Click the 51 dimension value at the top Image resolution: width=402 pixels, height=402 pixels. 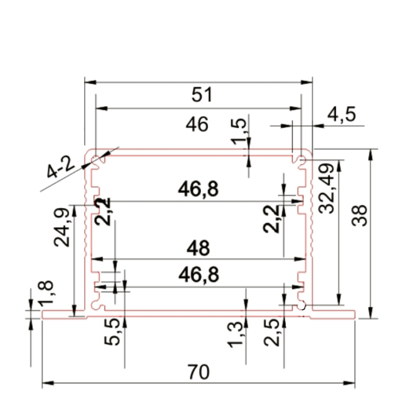click(x=202, y=95)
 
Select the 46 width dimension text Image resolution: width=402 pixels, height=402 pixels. click(x=197, y=125)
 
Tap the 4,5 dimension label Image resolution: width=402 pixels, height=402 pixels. click(x=342, y=114)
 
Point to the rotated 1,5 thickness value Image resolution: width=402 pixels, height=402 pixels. click(x=240, y=130)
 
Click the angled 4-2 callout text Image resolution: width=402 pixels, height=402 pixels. click(x=61, y=168)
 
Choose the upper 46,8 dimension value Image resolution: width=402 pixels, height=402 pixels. click(x=198, y=188)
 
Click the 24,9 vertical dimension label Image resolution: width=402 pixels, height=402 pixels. click(x=62, y=227)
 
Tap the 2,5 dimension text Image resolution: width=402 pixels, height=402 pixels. click(x=273, y=332)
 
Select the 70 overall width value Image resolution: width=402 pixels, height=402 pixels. click(x=198, y=372)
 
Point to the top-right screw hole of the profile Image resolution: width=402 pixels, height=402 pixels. click(x=302, y=161)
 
